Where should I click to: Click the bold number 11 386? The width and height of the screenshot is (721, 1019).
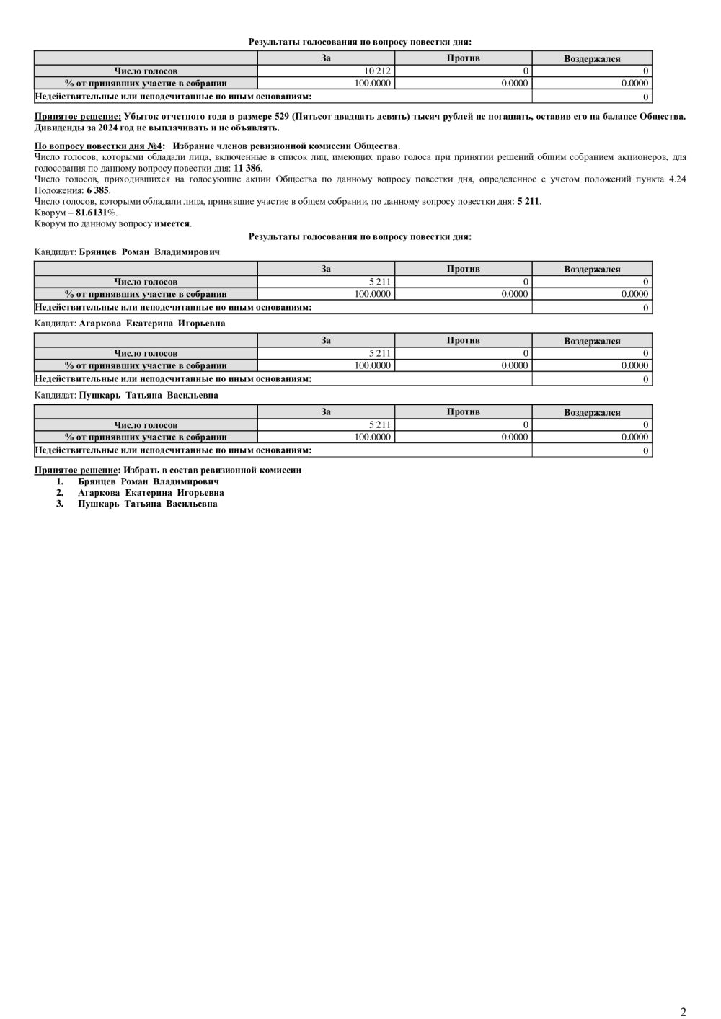[248, 168]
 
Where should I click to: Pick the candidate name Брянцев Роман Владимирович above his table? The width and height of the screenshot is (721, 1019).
[149, 252]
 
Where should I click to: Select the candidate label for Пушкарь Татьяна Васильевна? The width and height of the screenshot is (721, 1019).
[149, 395]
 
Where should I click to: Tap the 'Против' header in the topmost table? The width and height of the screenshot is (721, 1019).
[463, 58]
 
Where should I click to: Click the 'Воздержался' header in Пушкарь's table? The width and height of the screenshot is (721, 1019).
[592, 413]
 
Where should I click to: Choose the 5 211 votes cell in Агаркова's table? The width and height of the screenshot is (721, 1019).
[379, 353]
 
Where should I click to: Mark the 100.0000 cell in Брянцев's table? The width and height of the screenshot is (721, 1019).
[373, 293]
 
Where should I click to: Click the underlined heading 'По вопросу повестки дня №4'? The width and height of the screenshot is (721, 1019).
[99, 146]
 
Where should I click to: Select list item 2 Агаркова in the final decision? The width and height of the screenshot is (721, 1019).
[151, 493]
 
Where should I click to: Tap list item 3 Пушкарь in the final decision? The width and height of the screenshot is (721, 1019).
[148, 504]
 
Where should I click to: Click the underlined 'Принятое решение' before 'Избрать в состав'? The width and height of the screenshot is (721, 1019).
[76, 470]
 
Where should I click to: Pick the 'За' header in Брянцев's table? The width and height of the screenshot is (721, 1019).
[326, 269]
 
